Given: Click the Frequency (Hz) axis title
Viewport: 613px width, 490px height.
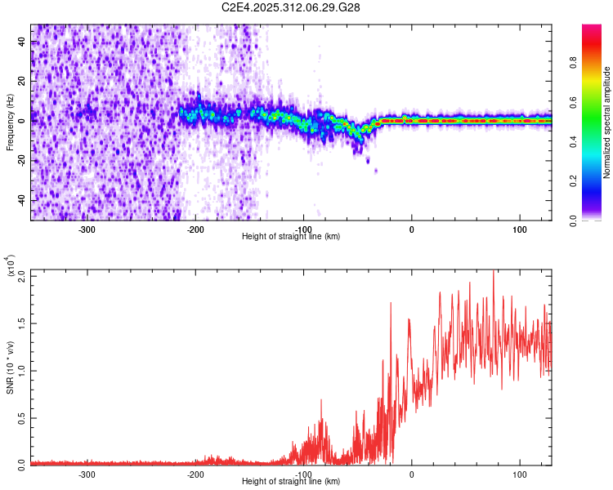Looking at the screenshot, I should (x=10, y=122).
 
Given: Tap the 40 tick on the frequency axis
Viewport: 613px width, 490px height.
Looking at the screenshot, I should (x=24, y=40).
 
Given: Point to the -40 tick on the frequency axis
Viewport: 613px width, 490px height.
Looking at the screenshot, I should (x=24, y=200).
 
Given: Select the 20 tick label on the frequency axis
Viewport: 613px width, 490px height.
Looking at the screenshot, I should (x=24, y=80).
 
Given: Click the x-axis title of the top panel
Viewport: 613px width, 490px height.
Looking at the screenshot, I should (x=291, y=237).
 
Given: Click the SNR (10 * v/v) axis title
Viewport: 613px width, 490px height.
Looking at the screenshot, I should (x=10, y=367).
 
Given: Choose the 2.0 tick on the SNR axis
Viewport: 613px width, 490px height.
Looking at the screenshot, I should (x=24, y=276).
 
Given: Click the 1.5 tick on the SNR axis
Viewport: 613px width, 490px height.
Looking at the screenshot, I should (x=24, y=323).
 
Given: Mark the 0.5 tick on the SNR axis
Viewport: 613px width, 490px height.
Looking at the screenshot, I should (x=24, y=416).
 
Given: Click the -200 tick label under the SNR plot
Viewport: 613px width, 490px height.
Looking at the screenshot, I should (x=195, y=474).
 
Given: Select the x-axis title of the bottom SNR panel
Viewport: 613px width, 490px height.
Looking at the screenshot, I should (x=291, y=483).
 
